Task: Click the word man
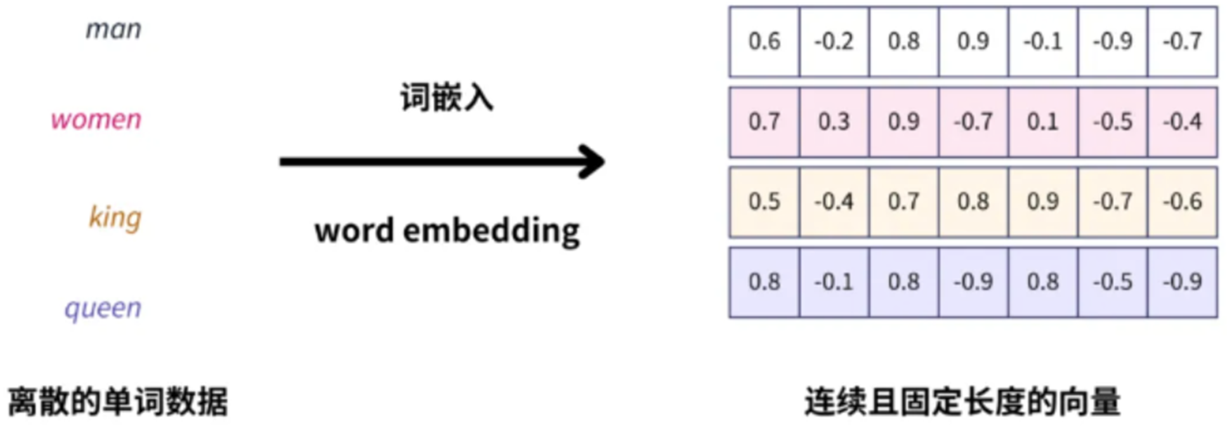click(114, 30)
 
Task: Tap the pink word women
click(96, 120)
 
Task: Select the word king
click(115, 217)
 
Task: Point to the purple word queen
click(103, 309)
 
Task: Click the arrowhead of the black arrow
click(591, 161)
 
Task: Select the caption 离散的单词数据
click(118, 402)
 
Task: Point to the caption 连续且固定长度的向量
click(962, 402)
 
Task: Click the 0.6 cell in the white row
click(765, 41)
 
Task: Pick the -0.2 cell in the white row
click(834, 41)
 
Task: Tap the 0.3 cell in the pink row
click(834, 121)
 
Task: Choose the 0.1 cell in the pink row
click(1042, 121)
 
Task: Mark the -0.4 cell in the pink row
click(1181, 121)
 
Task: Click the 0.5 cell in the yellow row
click(765, 202)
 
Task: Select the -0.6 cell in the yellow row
click(1181, 202)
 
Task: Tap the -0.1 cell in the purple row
click(834, 282)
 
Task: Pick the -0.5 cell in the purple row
click(1112, 282)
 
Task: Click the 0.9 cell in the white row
click(973, 41)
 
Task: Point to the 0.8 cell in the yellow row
click(973, 202)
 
